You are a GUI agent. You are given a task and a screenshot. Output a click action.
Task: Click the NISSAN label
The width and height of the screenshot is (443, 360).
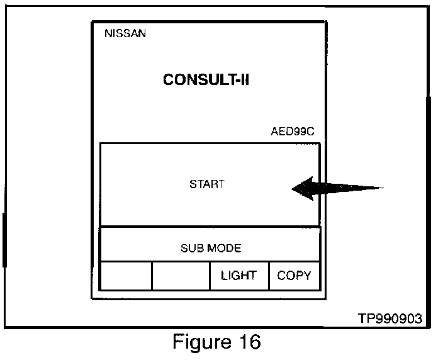125,33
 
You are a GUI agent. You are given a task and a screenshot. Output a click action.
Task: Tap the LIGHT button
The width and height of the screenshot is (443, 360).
238,276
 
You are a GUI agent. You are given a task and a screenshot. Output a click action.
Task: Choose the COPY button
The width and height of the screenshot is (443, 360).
294,276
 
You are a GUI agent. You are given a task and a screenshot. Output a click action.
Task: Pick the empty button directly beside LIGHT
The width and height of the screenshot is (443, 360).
181,276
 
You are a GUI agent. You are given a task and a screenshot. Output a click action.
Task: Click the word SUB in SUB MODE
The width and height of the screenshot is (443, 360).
191,248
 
